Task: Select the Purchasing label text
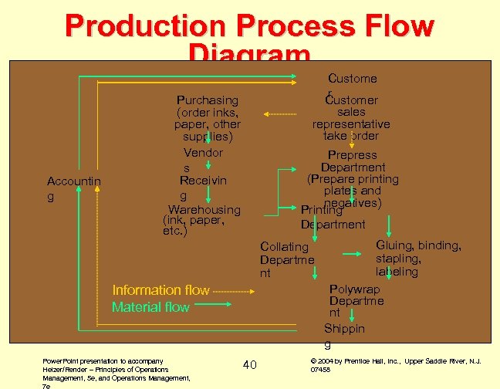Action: (x=207, y=100)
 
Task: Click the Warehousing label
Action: (x=204, y=210)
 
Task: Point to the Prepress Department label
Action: (x=353, y=161)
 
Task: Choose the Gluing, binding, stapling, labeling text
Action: (x=418, y=259)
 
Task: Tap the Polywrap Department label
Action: (x=346, y=300)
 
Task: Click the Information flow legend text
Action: (x=160, y=290)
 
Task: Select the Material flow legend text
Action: (x=150, y=307)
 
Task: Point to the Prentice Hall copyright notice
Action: (x=394, y=364)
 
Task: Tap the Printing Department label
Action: (x=333, y=217)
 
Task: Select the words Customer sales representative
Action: (x=351, y=112)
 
